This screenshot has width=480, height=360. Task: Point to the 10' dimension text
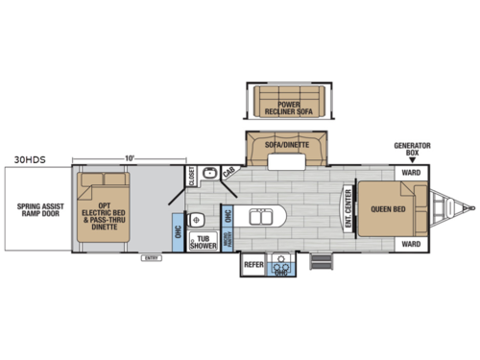click(x=127, y=158)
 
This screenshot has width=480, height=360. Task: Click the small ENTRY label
click(x=151, y=258)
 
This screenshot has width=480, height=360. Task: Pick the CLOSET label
click(x=192, y=176)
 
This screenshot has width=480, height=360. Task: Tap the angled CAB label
click(x=228, y=172)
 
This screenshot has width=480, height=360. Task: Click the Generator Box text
click(x=411, y=150)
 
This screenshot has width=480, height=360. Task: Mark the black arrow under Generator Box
click(x=411, y=163)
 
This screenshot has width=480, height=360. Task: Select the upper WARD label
click(x=411, y=173)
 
